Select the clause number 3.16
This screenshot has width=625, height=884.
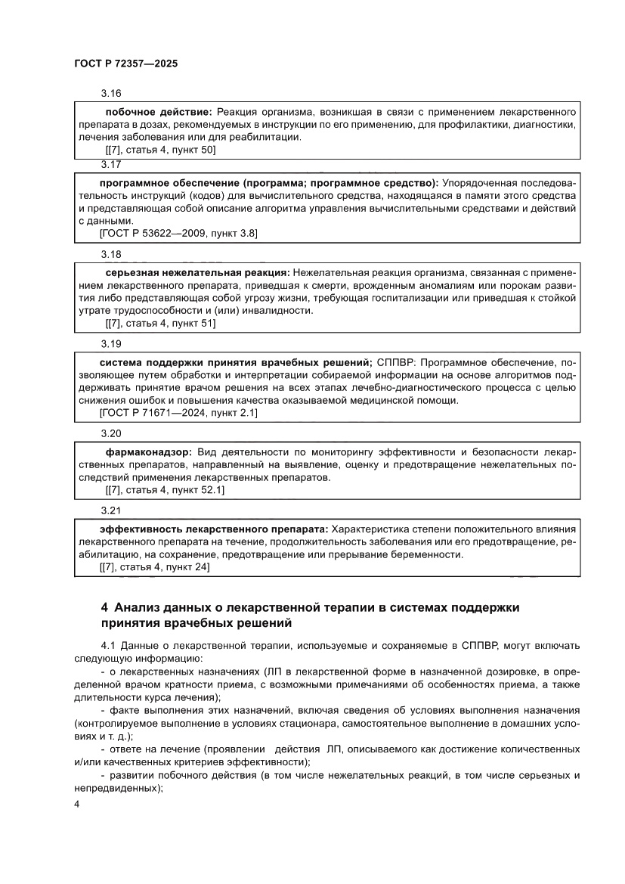coord(111,93)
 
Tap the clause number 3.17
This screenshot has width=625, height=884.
coord(111,164)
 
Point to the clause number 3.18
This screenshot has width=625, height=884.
coord(111,253)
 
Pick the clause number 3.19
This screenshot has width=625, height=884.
coord(111,343)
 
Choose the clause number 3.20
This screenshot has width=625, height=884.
coord(111,433)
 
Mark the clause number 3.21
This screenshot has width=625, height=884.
coord(111,510)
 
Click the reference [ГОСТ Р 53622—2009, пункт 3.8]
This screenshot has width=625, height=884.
coord(178,234)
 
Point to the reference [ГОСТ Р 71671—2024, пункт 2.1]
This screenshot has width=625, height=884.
coord(178,413)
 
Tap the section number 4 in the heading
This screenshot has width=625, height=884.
coord(104,608)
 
